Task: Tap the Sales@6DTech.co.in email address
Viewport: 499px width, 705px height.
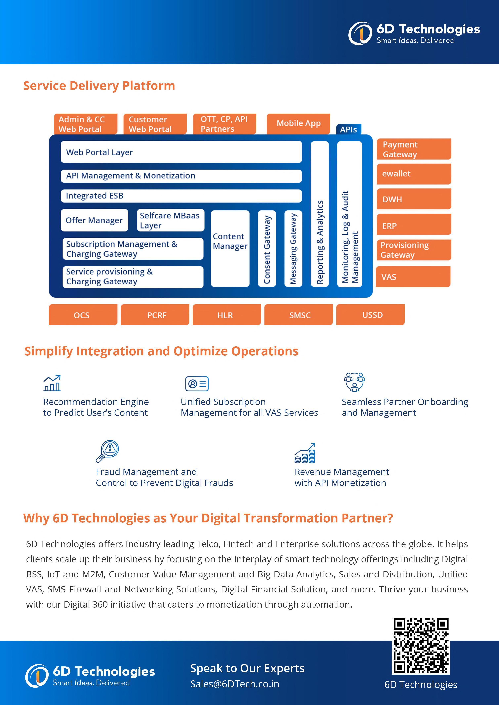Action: pyautogui.click(x=235, y=684)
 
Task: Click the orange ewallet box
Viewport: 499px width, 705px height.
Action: pyautogui.click(x=414, y=174)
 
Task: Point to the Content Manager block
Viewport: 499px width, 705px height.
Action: pyautogui.click(x=230, y=248)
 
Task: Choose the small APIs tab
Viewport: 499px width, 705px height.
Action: pyautogui.click(x=348, y=130)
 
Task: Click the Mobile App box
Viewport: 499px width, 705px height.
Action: pyautogui.click(x=298, y=123)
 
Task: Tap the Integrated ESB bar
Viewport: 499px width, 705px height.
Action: pyautogui.click(x=181, y=196)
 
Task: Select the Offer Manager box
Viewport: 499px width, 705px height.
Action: pyautogui.click(x=94, y=220)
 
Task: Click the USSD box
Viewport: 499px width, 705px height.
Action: pyautogui.click(x=370, y=315)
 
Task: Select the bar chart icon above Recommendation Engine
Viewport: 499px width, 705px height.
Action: pyautogui.click(x=52, y=383)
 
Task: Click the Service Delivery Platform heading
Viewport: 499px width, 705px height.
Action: pyautogui.click(x=99, y=86)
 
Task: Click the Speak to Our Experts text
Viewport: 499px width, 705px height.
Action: pyautogui.click(x=247, y=668)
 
